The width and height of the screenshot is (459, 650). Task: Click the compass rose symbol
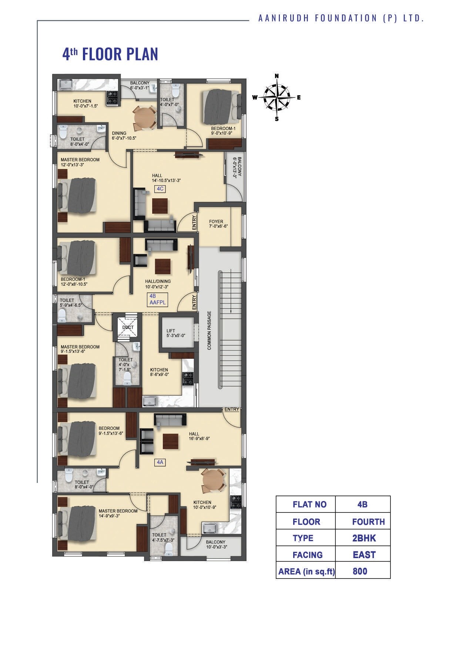click(x=277, y=97)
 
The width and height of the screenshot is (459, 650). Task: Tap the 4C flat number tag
click(x=160, y=189)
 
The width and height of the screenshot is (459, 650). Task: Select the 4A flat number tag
click(x=160, y=462)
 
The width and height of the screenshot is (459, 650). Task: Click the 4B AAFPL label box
click(x=157, y=299)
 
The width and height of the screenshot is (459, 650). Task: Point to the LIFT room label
click(x=171, y=331)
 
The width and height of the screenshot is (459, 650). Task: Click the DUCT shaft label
click(x=128, y=327)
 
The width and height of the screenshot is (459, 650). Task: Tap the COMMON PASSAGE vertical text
click(x=209, y=330)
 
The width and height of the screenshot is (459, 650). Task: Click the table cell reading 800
click(x=360, y=571)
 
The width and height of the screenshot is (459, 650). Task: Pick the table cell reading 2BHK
click(x=364, y=538)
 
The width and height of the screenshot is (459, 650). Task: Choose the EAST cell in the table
click(x=364, y=555)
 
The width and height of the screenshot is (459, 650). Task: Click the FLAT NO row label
click(x=309, y=504)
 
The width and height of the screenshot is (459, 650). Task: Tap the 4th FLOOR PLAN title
click(x=110, y=54)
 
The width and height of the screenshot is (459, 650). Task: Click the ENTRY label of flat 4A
click(x=232, y=409)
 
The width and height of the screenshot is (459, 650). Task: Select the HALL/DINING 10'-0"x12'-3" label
click(x=158, y=283)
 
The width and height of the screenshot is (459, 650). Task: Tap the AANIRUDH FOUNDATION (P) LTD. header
click(x=341, y=18)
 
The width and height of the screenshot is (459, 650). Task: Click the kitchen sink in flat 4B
click(x=150, y=401)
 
